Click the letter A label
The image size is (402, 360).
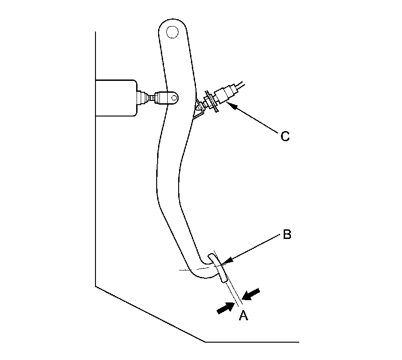(243, 315)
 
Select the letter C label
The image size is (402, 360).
(285, 136)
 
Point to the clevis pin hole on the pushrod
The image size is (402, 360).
(173, 97)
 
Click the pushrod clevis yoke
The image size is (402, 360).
(167, 97)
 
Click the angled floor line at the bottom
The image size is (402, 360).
(151, 314)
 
